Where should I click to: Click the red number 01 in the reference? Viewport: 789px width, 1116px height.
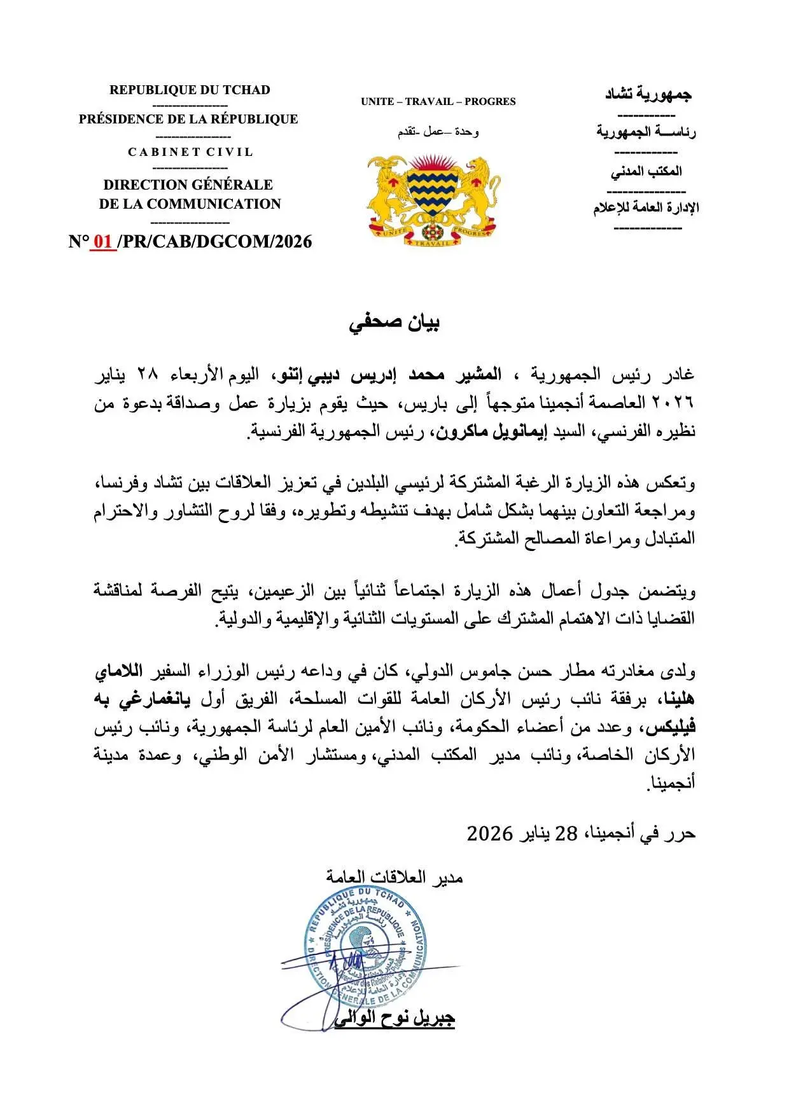pos(103,242)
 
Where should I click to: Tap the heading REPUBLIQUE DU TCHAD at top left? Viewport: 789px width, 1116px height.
pos(190,90)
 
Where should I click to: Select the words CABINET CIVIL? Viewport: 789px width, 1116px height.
pos(190,152)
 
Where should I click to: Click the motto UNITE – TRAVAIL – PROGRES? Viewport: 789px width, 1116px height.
pos(438,101)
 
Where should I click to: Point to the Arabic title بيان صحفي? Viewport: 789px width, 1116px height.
pos(394,323)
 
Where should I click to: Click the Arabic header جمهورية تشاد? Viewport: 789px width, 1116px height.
pos(647,95)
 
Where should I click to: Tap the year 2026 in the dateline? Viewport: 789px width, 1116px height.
pos(489,834)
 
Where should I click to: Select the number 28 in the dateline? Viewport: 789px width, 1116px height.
pos(566,834)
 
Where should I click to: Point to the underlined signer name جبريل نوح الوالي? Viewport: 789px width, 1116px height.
pos(394,1018)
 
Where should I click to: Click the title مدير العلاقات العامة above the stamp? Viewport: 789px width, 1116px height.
pos(394,877)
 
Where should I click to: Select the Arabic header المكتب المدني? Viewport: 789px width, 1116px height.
pos(646,171)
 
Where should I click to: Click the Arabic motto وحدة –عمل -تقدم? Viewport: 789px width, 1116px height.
pos(438,132)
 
